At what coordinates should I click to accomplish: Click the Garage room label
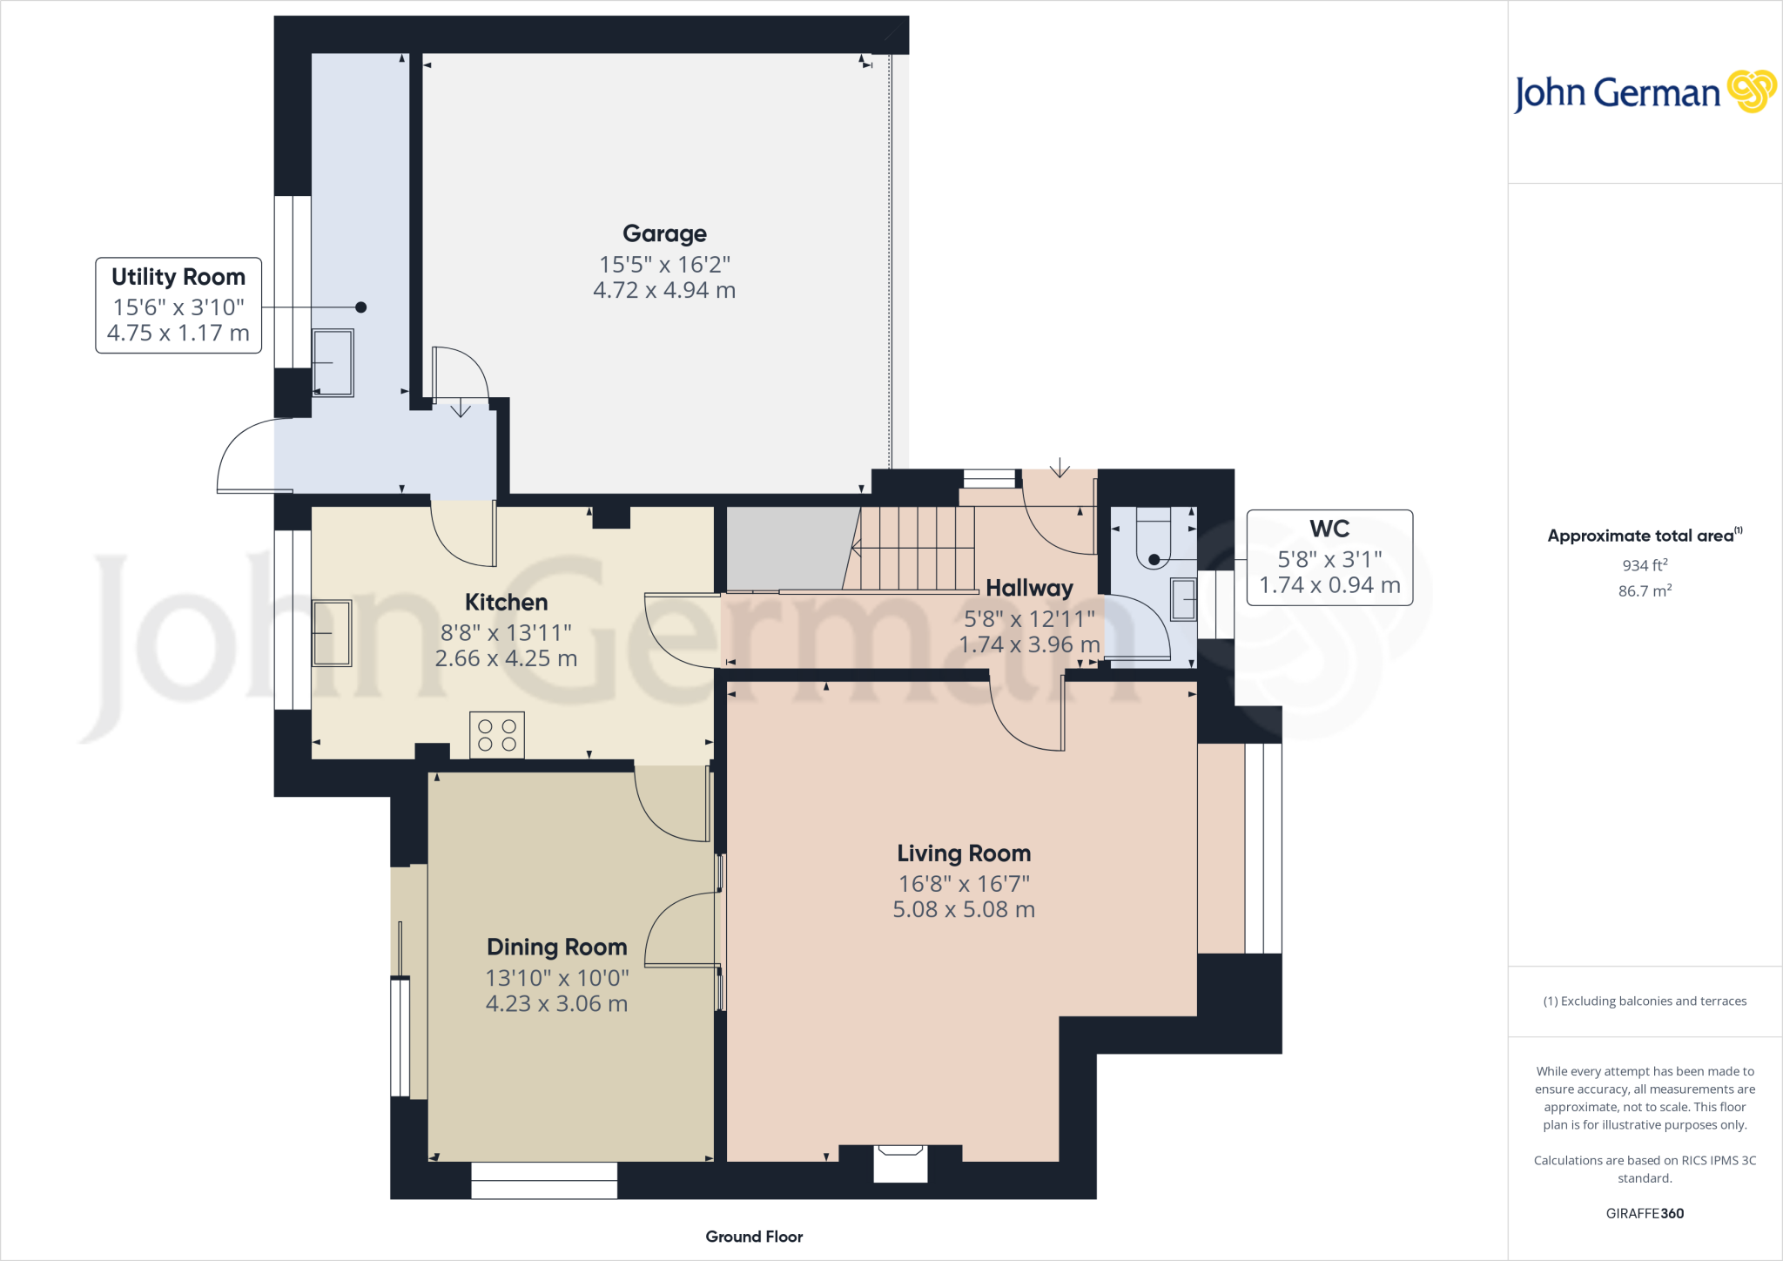click(x=664, y=233)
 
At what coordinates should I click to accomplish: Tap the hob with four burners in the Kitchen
click(x=497, y=735)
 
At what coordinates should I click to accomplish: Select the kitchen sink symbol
click(x=332, y=633)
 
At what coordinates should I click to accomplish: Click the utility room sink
click(x=333, y=362)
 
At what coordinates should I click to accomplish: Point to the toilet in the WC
click(x=1154, y=540)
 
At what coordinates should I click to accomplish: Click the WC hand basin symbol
click(x=1183, y=599)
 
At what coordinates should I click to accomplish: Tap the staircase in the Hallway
click(x=916, y=548)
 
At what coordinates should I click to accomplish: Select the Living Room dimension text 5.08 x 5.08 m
click(x=964, y=910)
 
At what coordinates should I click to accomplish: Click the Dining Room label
click(x=557, y=947)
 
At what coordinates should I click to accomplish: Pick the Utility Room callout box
click(x=178, y=305)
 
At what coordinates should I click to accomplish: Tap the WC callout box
click(x=1329, y=557)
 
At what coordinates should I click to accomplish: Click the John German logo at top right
click(x=1644, y=92)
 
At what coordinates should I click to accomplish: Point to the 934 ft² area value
click(x=1645, y=565)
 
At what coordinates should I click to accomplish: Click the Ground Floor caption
click(x=754, y=1237)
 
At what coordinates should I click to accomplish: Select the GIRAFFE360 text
click(x=1645, y=1213)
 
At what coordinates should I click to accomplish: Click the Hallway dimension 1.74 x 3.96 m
click(x=1029, y=645)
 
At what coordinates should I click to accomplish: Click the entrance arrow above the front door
click(x=1060, y=469)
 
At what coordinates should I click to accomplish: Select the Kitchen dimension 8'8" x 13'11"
click(x=506, y=633)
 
